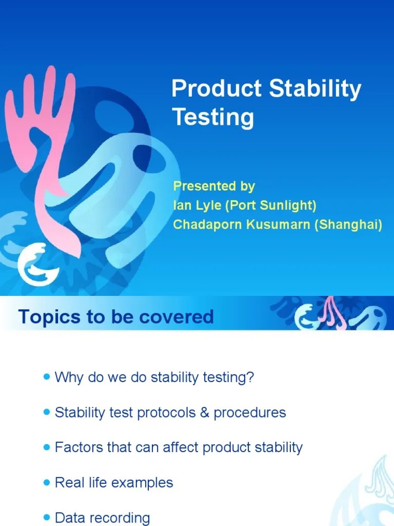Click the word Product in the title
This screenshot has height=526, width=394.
pyautogui.click(x=216, y=89)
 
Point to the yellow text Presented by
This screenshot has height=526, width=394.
pyautogui.click(x=213, y=185)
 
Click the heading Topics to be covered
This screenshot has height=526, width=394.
pyautogui.click(x=116, y=316)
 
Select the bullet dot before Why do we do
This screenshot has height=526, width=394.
pyautogui.click(x=47, y=377)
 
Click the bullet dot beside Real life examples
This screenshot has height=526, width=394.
pyautogui.click(x=47, y=482)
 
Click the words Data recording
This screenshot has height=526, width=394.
pyautogui.click(x=102, y=518)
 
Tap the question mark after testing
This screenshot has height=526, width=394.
pyautogui.click(x=250, y=378)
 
